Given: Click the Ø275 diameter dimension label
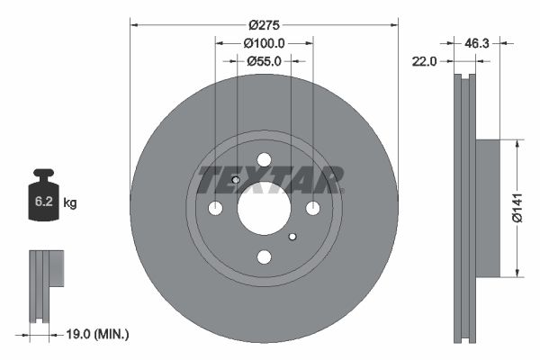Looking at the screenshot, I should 264,25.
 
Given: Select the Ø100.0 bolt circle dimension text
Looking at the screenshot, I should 264,43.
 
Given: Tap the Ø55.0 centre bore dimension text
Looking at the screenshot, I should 264,61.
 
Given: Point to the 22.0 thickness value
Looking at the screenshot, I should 424,61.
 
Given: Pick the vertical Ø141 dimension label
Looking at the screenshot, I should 517,208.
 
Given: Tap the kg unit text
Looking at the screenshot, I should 70,203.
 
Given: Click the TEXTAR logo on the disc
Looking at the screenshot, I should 271,178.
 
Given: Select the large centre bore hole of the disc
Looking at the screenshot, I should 264,208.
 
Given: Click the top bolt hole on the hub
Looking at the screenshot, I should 264,160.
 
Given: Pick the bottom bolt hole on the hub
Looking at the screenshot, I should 264,257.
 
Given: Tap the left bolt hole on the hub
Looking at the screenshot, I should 215,209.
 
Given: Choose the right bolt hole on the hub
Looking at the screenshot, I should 312,209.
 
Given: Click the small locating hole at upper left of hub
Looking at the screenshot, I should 236,180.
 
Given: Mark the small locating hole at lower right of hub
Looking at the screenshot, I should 292,237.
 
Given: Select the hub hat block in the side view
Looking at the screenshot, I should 486,208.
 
